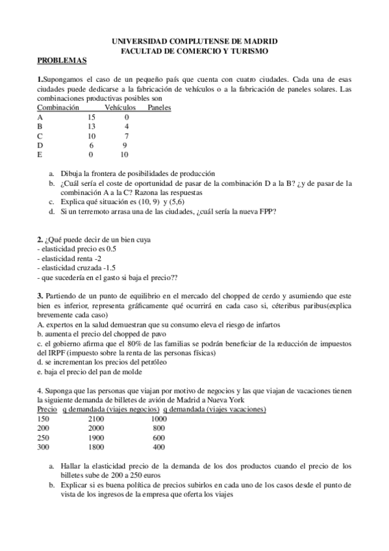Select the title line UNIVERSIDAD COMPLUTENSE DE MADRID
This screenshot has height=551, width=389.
pos(195,40)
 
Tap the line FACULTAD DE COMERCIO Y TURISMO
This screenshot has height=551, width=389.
pos(195,50)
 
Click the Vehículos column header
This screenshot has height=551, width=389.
pos(120,107)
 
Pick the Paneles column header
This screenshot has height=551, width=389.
pos(159,107)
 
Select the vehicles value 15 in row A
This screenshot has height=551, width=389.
pos(92,117)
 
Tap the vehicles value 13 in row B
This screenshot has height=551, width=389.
pos(92,127)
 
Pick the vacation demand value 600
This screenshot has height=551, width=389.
pos(158,438)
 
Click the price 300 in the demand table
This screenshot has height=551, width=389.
pos(44,448)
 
